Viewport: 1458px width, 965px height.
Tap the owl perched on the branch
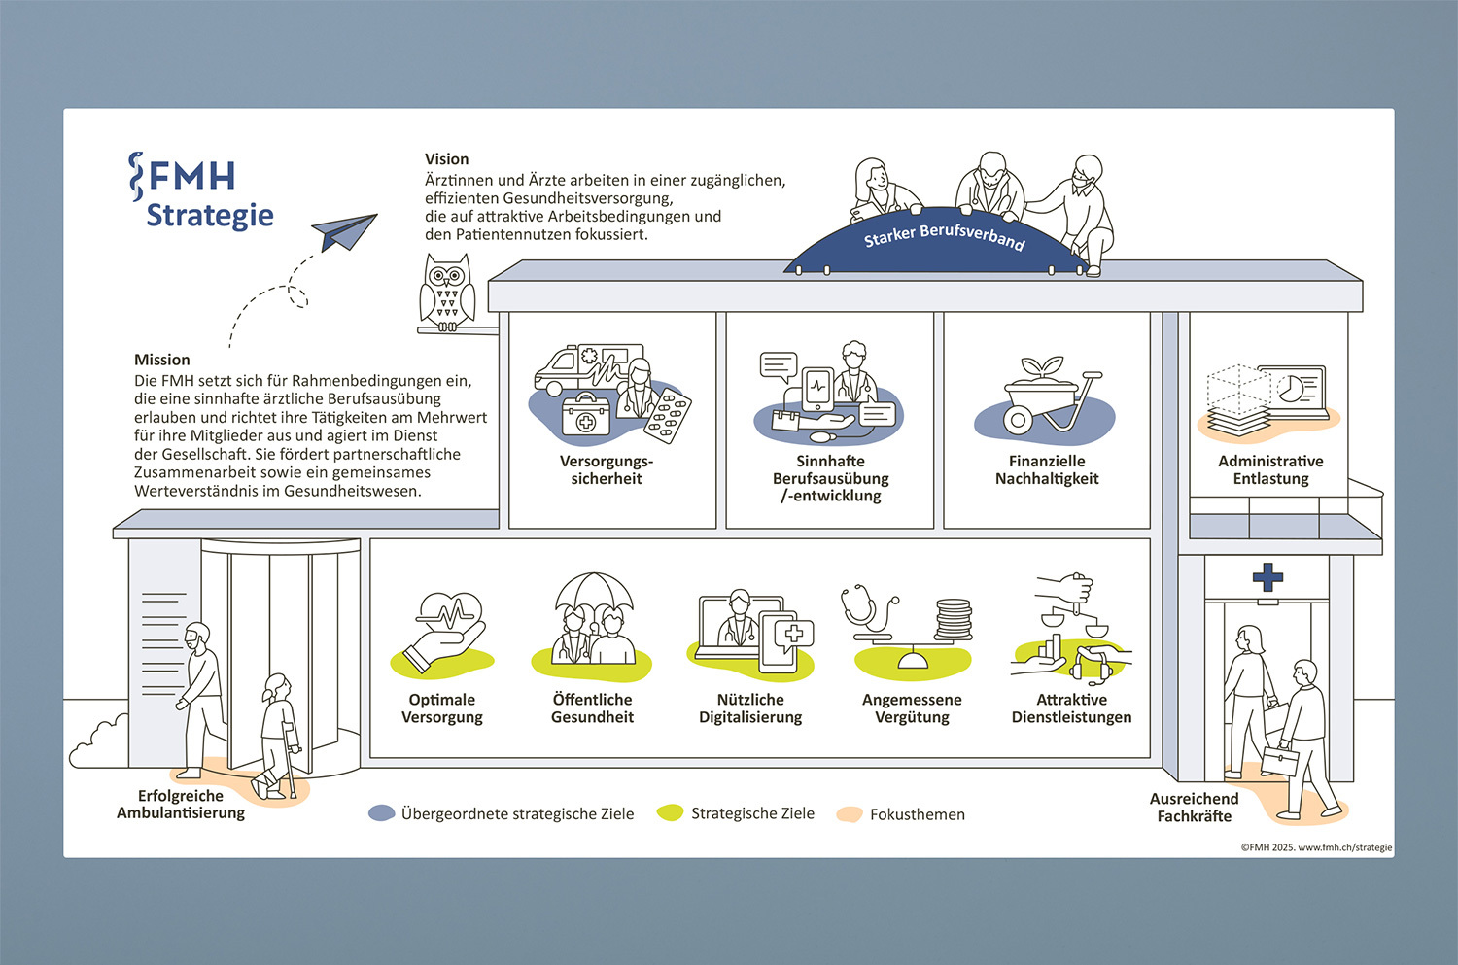(446, 291)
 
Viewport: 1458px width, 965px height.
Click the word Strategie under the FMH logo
(210, 215)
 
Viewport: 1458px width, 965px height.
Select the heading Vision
(446, 159)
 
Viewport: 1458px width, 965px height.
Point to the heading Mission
(162, 360)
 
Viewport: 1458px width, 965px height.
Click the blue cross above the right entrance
(1267, 576)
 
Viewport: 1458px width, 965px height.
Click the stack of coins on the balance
(953, 620)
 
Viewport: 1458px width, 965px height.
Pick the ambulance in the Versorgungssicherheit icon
(583, 367)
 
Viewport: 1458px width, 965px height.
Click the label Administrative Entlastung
(1270, 469)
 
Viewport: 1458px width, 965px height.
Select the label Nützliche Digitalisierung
(750, 708)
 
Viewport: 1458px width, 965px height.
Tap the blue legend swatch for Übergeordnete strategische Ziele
(382, 813)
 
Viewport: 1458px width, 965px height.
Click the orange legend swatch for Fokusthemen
(850, 814)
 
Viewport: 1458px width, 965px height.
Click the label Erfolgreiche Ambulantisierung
(181, 805)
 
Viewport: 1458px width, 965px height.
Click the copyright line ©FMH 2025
(1315, 847)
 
